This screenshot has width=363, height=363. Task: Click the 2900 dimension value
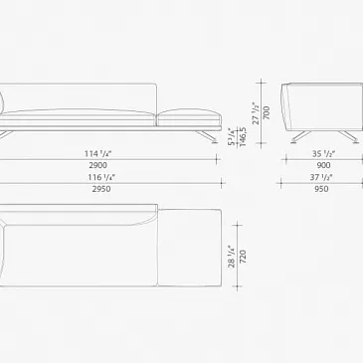pyautogui.click(x=98, y=165)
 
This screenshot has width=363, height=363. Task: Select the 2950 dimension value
pyautogui.click(x=101, y=189)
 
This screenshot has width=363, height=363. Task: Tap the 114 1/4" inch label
pyautogui.click(x=99, y=154)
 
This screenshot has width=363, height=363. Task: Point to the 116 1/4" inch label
pyautogui.click(x=101, y=177)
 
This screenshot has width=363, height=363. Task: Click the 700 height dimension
pyautogui.click(x=267, y=113)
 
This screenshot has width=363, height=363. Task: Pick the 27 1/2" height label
pyautogui.click(x=257, y=113)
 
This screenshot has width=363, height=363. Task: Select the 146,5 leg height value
pyautogui.click(x=243, y=136)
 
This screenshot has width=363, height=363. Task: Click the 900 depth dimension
pyautogui.click(x=323, y=165)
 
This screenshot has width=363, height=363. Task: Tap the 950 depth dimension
pyautogui.click(x=321, y=189)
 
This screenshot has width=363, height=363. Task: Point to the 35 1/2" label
pyautogui.click(x=323, y=154)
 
